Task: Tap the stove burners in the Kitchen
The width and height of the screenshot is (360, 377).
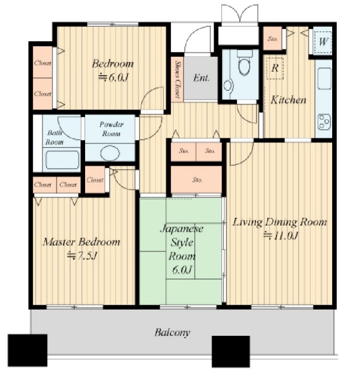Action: [x=324, y=121]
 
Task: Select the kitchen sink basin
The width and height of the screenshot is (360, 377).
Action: [x=324, y=79]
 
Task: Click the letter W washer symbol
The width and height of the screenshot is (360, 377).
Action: [x=323, y=42]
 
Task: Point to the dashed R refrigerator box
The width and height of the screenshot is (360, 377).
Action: [x=275, y=68]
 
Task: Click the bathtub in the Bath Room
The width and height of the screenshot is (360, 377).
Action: [x=62, y=160]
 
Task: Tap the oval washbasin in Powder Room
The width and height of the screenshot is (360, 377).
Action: [x=110, y=153]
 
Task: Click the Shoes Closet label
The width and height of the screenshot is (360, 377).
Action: [x=178, y=79]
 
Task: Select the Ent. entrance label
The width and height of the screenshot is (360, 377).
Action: [x=201, y=78]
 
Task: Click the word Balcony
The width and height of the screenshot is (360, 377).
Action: [x=172, y=332]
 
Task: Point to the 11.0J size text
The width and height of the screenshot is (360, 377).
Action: [x=281, y=236]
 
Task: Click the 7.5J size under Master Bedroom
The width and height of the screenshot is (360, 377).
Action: [x=82, y=256]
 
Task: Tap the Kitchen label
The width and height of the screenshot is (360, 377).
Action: [x=288, y=100]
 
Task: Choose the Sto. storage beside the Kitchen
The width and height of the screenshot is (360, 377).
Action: [x=273, y=38]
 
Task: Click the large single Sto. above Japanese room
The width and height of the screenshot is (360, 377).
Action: [x=196, y=179]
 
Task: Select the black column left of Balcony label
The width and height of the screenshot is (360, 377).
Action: [x=27, y=350]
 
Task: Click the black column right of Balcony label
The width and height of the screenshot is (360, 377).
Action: [x=230, y=351]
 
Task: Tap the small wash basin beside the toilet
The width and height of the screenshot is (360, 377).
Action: [x=228, y=86]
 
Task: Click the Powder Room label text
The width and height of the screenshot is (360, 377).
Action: [x=111, y=129]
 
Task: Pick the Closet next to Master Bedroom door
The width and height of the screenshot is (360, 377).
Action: [x=95, y=179]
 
